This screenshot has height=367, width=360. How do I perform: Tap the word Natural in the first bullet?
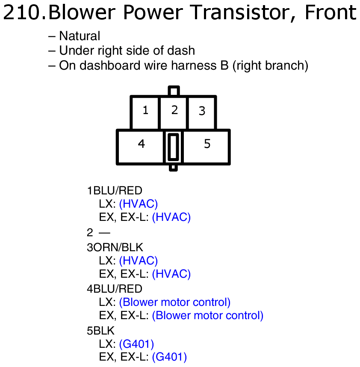click(x=80, y=36)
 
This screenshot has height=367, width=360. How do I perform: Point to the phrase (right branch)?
click(x=270, y=65)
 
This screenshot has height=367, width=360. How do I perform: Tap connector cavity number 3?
click(x=202, y=112)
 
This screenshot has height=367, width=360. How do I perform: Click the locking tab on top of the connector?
click(x=174, y=91)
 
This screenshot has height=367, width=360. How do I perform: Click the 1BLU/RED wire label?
click(x=114, y=190)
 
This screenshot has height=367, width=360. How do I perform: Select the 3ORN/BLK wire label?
click(x=115, y=247)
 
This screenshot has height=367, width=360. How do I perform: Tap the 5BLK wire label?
click(x=100, y=330)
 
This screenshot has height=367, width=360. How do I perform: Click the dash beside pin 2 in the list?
click(x=104, y=232)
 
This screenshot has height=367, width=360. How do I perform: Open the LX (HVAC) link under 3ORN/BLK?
click(x=139, y=260)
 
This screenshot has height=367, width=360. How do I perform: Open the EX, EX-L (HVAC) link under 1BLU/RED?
click(x=171, y=217)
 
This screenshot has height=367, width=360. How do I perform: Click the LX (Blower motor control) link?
click(x=175, y=302)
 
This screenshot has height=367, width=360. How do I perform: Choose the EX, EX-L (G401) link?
click(x=169, y=357)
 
